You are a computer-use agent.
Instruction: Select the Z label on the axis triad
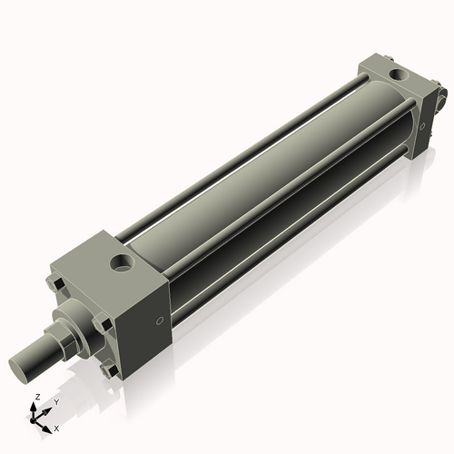coord(36,398)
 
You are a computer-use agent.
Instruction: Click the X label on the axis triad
coord(56,427)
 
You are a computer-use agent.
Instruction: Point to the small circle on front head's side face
coord(160,320)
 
